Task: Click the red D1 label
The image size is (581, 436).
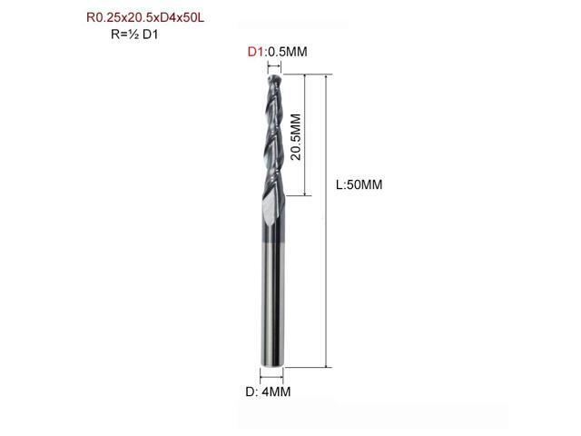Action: [255, 52]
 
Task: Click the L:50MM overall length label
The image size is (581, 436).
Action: [359, 184]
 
